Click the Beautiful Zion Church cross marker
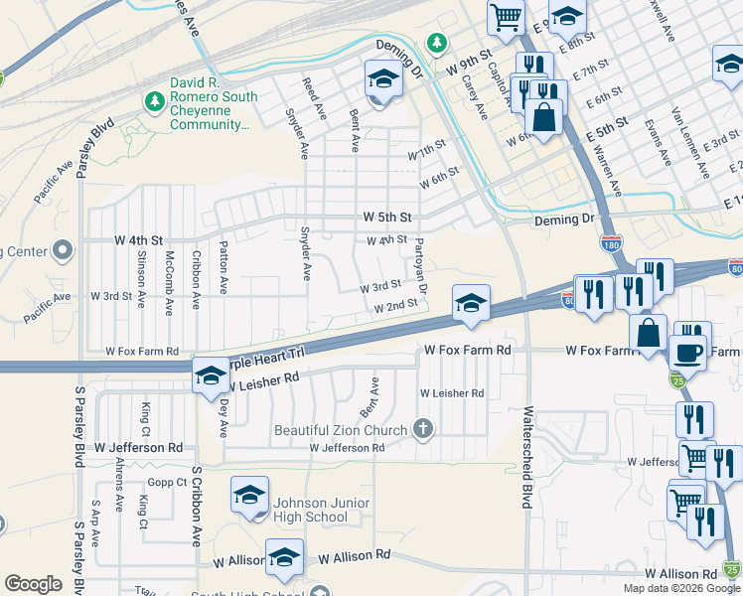[423, 429]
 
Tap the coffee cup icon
[688, 353]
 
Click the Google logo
[33, 584]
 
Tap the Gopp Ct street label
[168, 482]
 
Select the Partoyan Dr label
[421, 265]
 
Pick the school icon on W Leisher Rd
[210, 377]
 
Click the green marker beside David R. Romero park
[154, 100]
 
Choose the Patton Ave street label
[223, 267]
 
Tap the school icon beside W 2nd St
[470, 303]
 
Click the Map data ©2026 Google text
[681, 588]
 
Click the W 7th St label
[427, 156]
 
